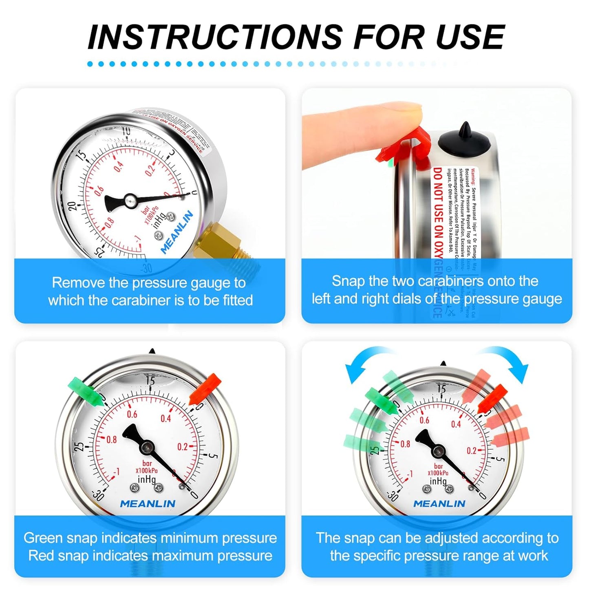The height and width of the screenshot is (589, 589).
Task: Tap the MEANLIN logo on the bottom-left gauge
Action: tap(148, 504)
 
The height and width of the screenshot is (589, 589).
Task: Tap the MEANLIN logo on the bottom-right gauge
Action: tap(439, 504)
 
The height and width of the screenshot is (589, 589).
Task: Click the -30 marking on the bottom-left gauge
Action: tap(98, 494)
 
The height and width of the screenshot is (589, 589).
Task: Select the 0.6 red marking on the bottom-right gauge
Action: tap(424, 420)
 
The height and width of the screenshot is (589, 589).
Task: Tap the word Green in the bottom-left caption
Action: tap(42, 538)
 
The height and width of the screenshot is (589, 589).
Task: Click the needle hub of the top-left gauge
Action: tap(130, 200)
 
